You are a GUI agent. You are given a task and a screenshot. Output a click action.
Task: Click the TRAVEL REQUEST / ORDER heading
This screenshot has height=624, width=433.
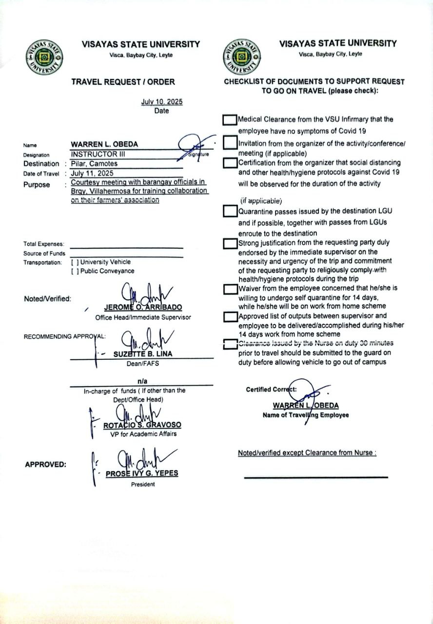pos(123,82)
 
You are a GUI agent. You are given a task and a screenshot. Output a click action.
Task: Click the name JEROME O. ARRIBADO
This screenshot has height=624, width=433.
pos(143,308)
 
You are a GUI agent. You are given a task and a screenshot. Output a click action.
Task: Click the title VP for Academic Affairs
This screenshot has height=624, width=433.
pos(143,434)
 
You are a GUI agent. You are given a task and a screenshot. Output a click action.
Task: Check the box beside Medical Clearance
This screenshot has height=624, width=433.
pos(229,119)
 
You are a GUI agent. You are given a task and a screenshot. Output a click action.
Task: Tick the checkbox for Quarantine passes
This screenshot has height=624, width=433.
pos(229,212)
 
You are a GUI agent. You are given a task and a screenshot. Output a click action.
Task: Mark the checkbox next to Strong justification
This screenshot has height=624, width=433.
pos(229,243)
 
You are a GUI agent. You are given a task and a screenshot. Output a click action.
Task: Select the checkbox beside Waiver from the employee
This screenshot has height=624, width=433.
pos(229,289)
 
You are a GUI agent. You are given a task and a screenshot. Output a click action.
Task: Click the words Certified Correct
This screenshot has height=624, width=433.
pos(272,390)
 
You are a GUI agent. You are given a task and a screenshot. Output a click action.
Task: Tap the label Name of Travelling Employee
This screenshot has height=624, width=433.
pos(306,415)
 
